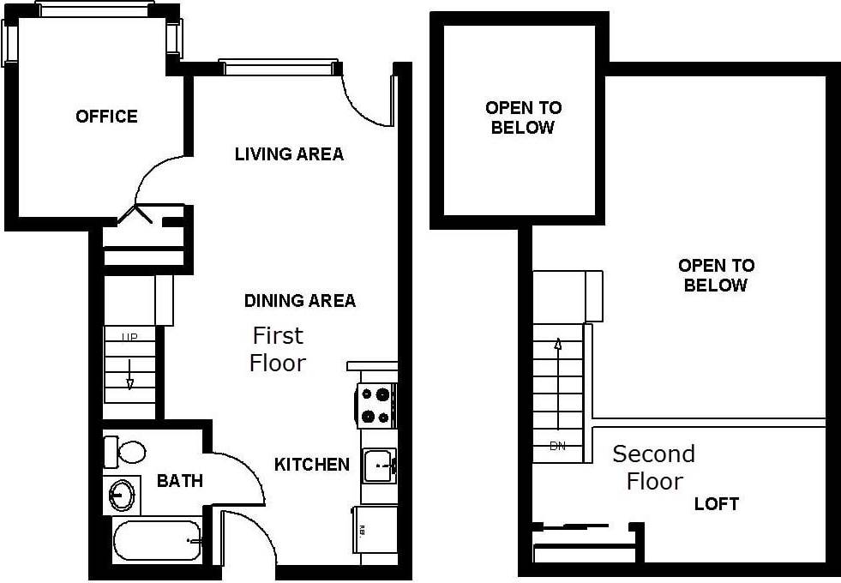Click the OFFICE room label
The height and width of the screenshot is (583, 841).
(x=106, y=117)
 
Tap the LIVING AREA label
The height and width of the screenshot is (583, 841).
(x=289, y=154)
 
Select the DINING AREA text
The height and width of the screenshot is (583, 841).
(x=299, y=301)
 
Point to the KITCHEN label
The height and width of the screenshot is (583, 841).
(x=312, y=465)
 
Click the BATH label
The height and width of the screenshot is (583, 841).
(x=180, y=481)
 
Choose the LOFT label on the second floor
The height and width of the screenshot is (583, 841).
(x=716, y=504)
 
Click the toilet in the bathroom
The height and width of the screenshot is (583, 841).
(x=125, y=451)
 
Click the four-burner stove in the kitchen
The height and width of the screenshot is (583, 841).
(x=376, y=406)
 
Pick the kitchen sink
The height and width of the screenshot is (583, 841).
(x=378, y=466)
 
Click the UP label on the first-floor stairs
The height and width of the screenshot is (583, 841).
(x=129, y=337)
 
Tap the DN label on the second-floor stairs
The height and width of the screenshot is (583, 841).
(x=558, y=446)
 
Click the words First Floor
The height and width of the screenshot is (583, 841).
(x=278, y=349)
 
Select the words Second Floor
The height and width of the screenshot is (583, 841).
(x=654, y=467)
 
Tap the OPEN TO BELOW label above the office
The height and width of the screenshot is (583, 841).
(x=523, y=117)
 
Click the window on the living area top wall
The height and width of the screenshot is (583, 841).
(x=279, y=67)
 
